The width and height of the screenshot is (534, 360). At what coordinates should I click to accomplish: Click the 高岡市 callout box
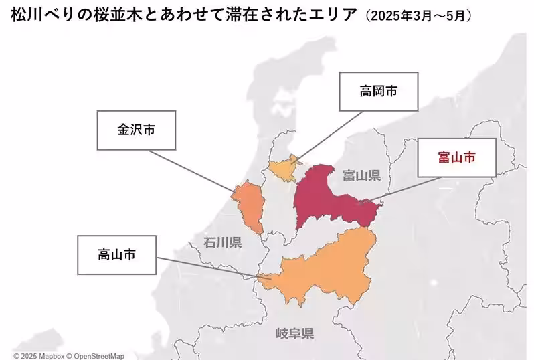[x=379, y=91]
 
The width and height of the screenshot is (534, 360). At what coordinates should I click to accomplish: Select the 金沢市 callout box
[x=137, y=130]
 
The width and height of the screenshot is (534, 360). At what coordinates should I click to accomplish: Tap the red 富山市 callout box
[x=457, y=158]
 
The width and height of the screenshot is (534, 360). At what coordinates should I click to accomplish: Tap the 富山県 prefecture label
[x=361, y=176]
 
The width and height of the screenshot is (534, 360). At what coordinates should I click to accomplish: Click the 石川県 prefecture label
[x=223, y=242]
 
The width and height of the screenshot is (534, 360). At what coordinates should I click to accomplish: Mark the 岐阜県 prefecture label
[x=295, y=333]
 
